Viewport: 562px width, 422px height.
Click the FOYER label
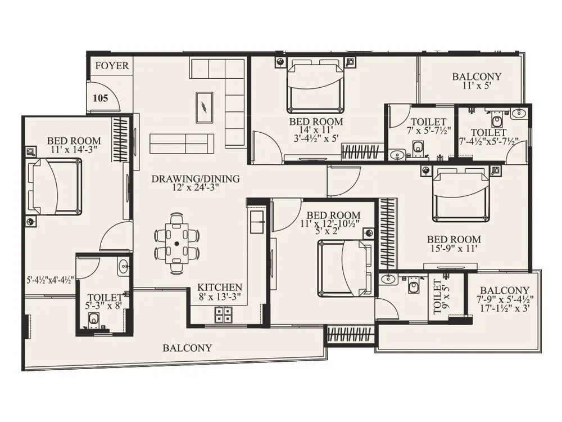tap(111, 66)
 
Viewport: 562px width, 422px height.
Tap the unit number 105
tap(100, 98)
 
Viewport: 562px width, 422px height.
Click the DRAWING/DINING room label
tap(195, 179)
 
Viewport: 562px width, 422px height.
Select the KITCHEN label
tap(219, 287)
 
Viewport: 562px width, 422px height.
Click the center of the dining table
tap(176, 244)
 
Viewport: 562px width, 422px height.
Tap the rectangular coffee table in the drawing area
tap(204, 107)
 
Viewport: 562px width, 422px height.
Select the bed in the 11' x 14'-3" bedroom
tap(55, 186)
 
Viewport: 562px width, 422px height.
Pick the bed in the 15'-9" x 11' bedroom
tap(460, 195)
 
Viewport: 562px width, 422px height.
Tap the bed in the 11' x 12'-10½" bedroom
tap(345, 268)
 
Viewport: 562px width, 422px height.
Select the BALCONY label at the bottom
tap(187, 348)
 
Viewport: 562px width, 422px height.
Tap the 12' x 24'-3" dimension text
tap(195, 188)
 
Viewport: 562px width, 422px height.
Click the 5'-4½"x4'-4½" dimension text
tap(51, 279)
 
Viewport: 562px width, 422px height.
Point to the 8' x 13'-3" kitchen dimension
tap(219, 297)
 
